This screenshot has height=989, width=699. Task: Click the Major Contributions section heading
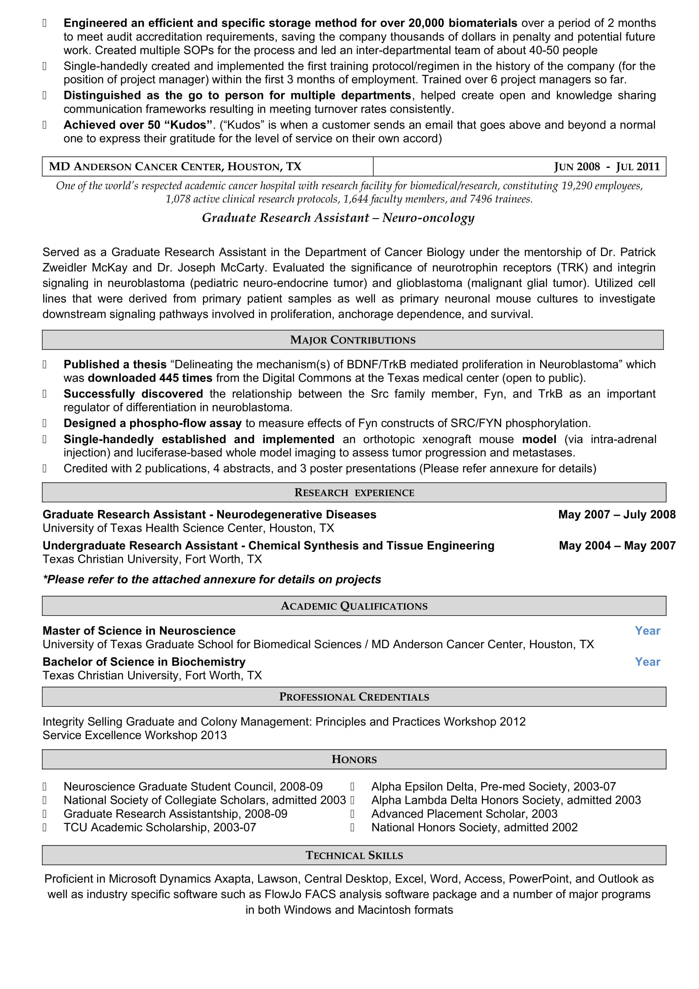[x=353, y=340]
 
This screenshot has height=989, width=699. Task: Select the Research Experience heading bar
[x=354, y=492]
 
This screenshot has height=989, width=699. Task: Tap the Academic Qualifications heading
[x=354, y=606]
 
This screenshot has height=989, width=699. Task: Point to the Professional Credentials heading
[x=354, y=697]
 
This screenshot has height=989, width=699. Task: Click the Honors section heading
[x=354, y=759]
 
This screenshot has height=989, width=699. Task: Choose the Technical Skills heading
[x=354, y=855]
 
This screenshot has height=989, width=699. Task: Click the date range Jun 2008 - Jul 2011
[x=606, y=167]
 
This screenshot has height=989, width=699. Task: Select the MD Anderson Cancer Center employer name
[x=175, y=167]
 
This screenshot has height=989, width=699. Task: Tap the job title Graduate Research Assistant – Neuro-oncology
[x=338, y=218]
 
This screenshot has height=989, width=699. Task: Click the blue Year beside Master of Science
[x=647, y=630]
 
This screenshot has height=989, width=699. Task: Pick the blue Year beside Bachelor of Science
[x=647, y=662]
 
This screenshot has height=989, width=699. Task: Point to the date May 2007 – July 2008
[x=616, y=514]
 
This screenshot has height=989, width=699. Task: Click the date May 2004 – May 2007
[x=617, y=545]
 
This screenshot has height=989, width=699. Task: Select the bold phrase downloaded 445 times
[x=150, y=378]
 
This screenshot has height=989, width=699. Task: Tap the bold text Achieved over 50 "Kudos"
[x=138, y=125]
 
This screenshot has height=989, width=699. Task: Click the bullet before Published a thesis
[x=44, y=364]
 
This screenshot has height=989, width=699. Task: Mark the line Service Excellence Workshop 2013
[x=134, y=735]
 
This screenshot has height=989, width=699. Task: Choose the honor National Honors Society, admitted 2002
[x=474, y=827]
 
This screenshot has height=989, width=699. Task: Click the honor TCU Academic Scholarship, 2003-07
[x=160, y=827]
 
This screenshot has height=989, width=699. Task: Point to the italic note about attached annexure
[x=212, y=579]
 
